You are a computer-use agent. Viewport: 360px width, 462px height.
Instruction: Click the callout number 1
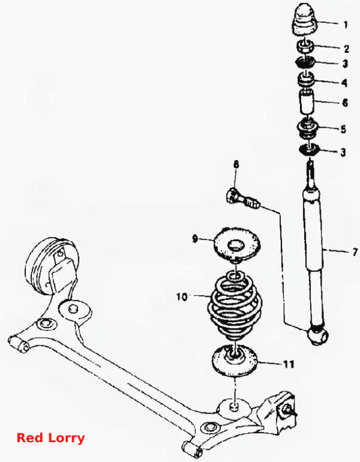tap(346, 25)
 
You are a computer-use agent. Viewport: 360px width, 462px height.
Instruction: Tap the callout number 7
tap(355, 252)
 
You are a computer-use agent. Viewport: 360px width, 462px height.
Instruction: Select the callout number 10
tap(182, 296)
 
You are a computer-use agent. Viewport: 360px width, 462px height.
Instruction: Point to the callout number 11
tap(289, 364)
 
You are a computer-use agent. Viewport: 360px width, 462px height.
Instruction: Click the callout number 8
tap(236, 164)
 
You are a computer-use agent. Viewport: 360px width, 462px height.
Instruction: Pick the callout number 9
tap(194, 238)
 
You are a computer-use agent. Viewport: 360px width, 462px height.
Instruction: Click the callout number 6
tap(344, 103)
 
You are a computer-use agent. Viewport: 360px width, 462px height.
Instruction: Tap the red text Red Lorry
tap(50, 438)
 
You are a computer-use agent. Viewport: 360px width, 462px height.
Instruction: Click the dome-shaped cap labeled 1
tap(304, 19)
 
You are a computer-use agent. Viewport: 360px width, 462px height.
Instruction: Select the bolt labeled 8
tap(243, 198)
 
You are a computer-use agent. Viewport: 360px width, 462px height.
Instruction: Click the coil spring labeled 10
tap(235, 308)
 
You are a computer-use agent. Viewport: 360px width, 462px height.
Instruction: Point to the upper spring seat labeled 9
tap(236, 244)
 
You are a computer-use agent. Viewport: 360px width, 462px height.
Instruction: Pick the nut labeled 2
tap(305, 47)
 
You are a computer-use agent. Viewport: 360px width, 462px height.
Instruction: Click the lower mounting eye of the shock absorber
tap(318, 335)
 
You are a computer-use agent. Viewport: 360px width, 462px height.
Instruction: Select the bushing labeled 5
tap(307, 129)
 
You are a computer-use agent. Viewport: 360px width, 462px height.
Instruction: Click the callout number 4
tap(344, 83)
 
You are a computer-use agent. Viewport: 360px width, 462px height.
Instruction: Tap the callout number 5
tap(343, 129)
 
